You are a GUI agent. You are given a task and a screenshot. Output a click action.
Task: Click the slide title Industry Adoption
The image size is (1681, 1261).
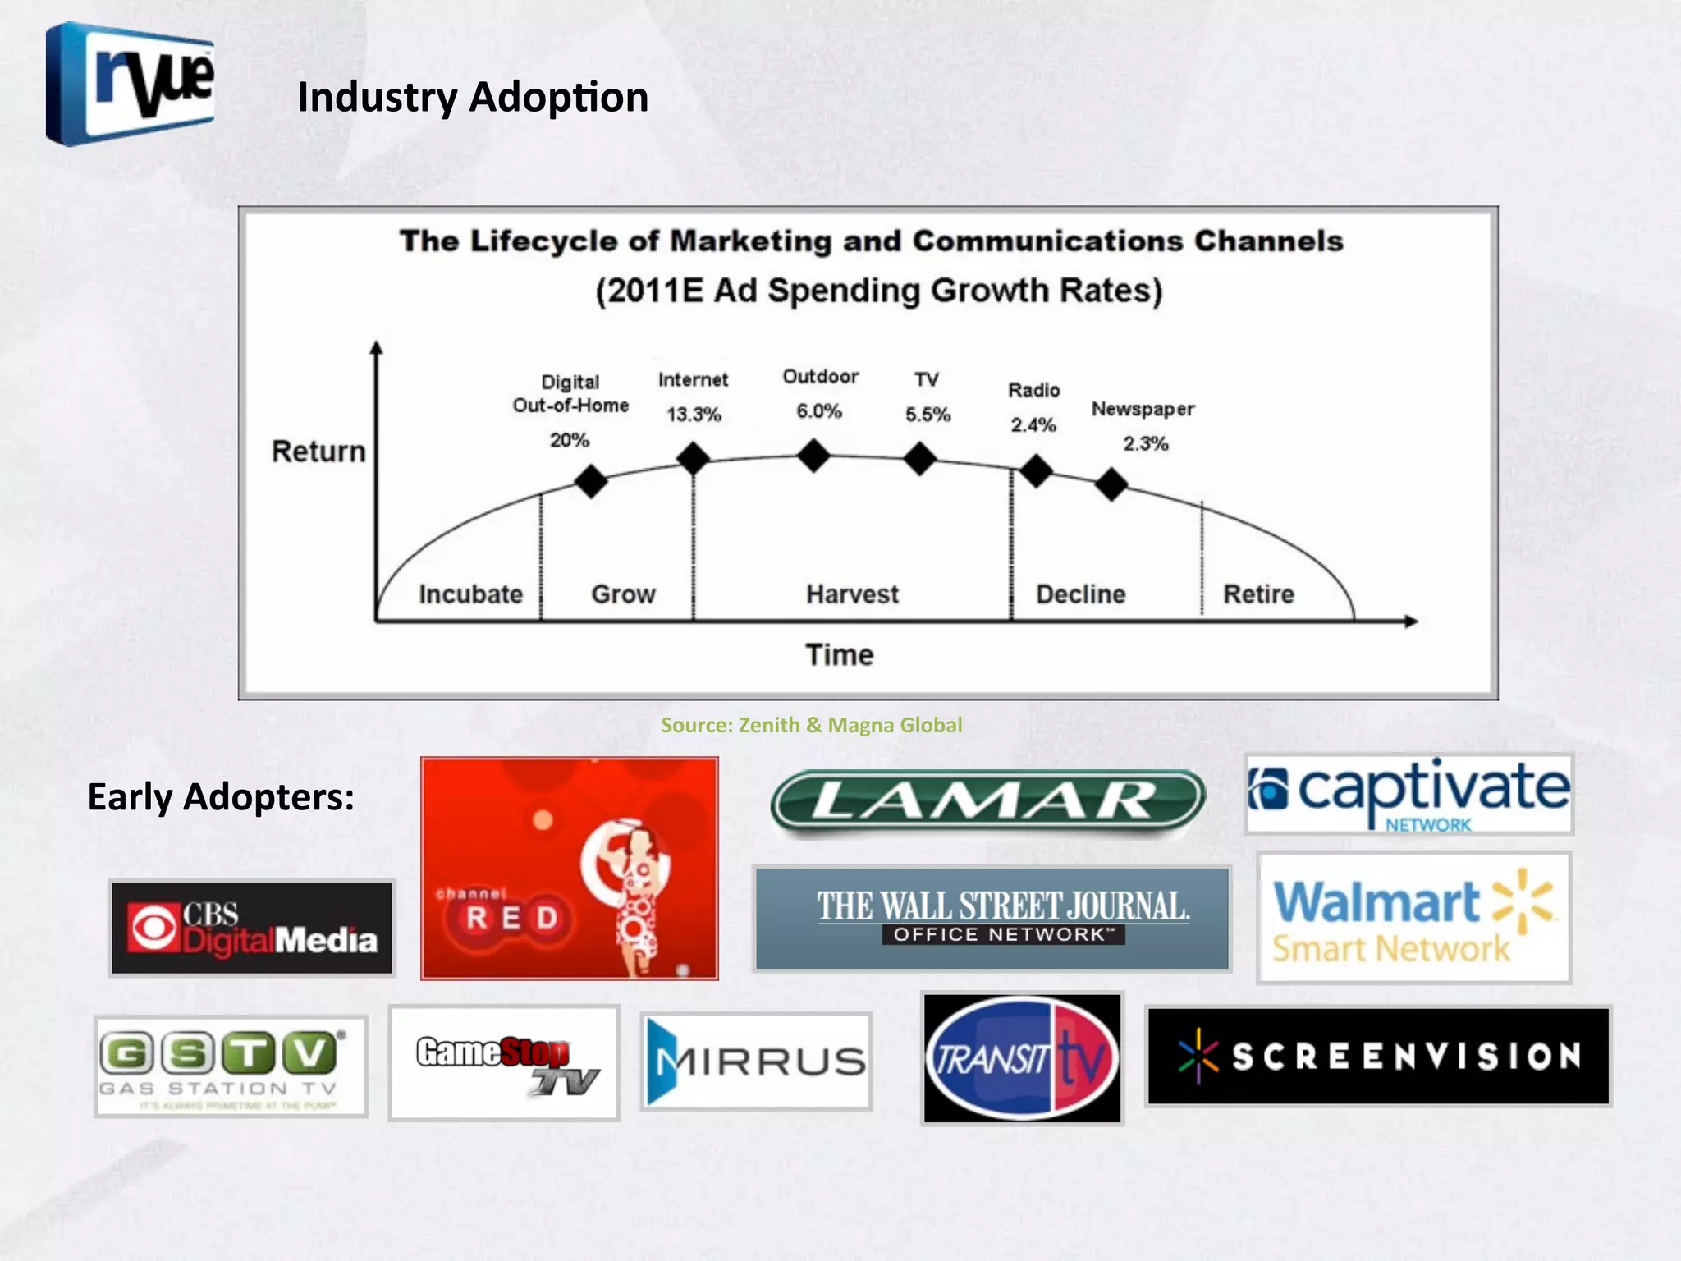coord(473,97)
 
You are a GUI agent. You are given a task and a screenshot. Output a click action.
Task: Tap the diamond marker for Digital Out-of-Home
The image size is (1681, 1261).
coord(591,482)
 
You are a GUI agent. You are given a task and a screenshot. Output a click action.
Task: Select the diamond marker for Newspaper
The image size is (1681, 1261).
coord(1111,484)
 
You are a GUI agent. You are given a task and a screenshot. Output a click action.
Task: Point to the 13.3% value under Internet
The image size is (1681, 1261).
coord(694,415)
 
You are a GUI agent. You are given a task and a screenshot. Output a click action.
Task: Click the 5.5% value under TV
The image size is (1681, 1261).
coord(928,415)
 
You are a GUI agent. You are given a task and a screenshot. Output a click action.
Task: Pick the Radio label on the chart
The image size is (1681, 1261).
coord(1034,390)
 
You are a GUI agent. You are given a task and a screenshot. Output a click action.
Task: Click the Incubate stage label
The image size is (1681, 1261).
coord(470,594)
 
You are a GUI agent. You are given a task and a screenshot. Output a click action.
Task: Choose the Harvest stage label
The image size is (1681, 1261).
coord(852,594)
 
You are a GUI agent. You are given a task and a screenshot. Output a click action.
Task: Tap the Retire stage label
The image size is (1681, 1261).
coord(1258,594)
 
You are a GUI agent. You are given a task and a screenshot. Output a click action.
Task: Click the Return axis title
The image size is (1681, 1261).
coord(318,452)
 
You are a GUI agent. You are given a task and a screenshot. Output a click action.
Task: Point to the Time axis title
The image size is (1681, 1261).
coord(839,654)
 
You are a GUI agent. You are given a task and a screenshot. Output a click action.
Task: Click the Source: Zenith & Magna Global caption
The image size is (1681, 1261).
coord(811,725)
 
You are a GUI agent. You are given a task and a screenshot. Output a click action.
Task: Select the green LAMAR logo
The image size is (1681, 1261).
coord(987,800)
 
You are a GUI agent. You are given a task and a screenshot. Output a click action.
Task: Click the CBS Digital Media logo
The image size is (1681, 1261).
coord(252,928)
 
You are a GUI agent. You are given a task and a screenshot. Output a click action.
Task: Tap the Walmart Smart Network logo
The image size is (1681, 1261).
coord(1413,918)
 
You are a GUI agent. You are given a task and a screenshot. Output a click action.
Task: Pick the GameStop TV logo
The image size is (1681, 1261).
coord(504,1062)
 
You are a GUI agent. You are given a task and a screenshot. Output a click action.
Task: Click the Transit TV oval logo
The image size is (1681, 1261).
coord(1022,1058)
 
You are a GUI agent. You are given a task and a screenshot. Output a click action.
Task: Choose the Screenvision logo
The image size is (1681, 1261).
coord(1378,1056)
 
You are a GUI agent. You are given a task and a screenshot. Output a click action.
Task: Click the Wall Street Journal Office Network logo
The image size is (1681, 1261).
coord(992,918)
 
